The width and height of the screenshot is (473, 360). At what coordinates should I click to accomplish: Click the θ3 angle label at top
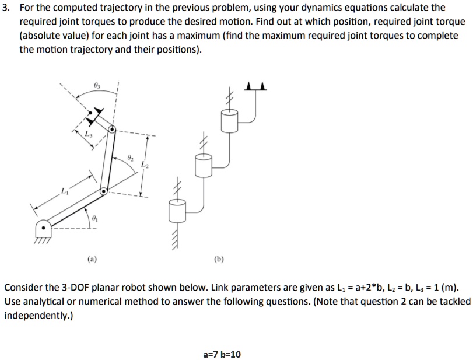coord(97,86)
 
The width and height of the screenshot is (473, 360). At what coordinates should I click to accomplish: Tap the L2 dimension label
coord(144,166)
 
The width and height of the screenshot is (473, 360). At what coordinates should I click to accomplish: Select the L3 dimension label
coord(88,135)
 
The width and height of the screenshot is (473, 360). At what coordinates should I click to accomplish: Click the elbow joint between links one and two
coord(103,191)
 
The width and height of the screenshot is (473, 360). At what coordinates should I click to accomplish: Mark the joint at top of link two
coord(112,128)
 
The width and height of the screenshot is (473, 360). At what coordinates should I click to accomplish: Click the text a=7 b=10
coord(222,354)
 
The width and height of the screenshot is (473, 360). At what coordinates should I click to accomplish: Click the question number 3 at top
coord(7,8)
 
